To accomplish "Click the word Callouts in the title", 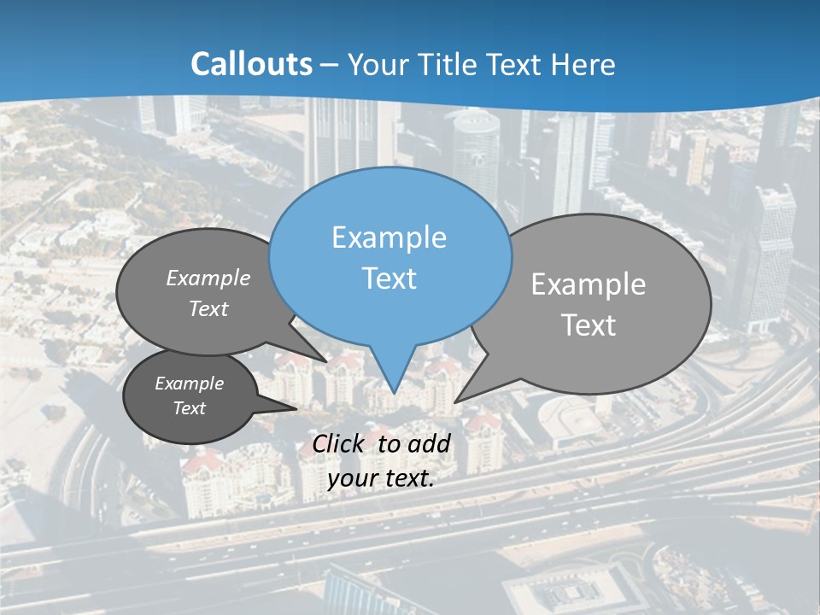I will point(251,64).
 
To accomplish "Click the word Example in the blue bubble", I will point(389,237).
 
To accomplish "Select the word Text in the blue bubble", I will point(389,278).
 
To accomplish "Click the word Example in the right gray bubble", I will point(589,284).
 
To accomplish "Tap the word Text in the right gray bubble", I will point(589,325).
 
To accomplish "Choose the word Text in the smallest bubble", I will point(190,408).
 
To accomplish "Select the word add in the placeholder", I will point(429,443).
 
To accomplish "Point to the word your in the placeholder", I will point(352,478).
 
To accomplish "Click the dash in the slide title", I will point(331,64).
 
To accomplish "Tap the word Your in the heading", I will point(380,64).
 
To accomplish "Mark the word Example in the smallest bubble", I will point(190,384).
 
